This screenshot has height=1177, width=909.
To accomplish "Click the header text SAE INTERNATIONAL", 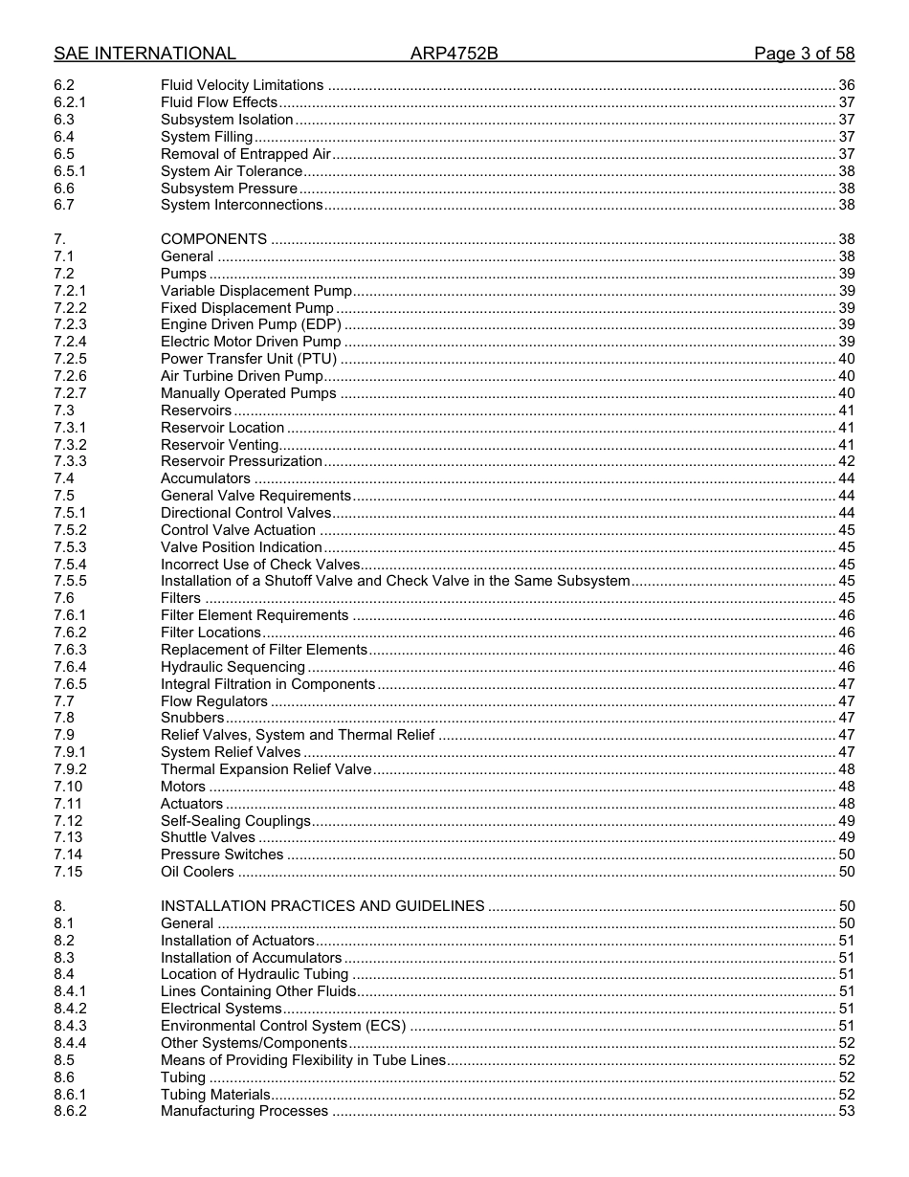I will pos(144,54).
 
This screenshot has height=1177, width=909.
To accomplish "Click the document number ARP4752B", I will pos(454,54).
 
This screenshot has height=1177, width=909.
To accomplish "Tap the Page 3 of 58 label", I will pos(804,54).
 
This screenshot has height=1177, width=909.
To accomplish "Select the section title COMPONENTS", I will pos(213,239).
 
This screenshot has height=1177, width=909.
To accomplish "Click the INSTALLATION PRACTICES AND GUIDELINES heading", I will pos(322,906).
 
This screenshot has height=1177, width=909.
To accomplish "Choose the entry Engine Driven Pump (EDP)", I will pos(251,324).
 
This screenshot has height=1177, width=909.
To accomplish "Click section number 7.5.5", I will pos(70,581).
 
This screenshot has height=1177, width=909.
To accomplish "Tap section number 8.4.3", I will pos(70,1026).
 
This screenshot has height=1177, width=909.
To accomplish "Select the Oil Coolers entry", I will pos(197,872).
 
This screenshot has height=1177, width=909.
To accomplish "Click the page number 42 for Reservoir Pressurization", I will pos(846,461).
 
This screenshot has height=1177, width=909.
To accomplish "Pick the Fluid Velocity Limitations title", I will pos(242,85).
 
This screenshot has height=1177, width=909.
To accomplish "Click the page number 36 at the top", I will pos(846,85).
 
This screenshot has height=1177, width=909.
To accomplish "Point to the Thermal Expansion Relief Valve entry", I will pos(266,769).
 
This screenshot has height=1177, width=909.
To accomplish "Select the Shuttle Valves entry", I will pos(208,837).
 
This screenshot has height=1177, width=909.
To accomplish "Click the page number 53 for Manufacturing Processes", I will pos(846,1111).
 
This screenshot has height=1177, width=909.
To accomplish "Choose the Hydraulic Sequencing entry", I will pos(233,667).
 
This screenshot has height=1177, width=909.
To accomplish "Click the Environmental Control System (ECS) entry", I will pos(283,1026).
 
